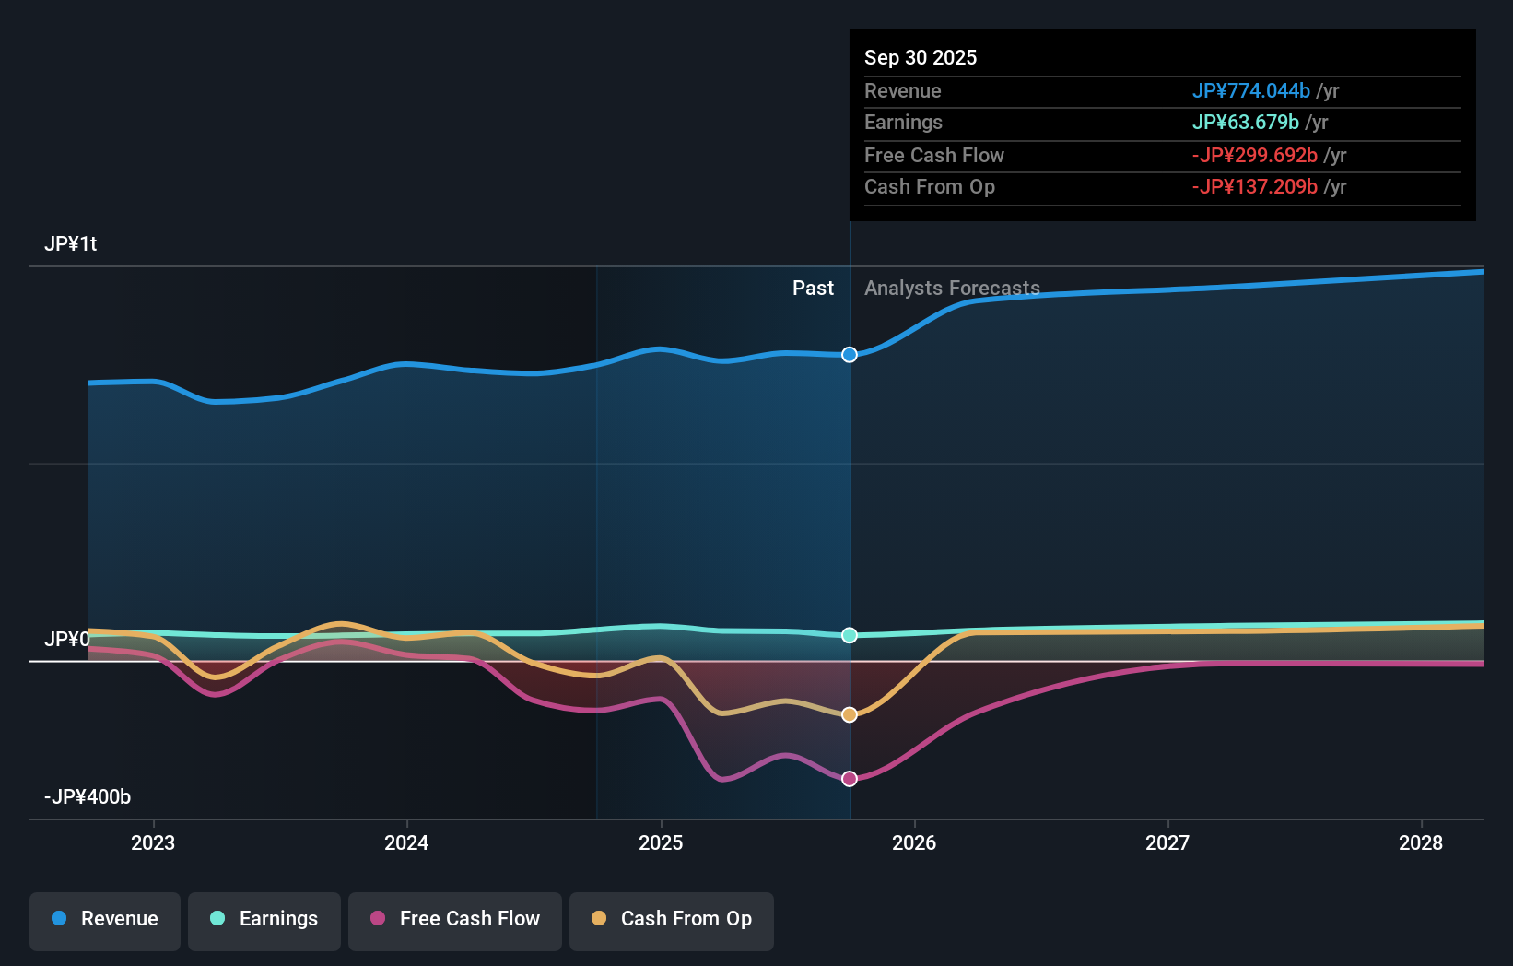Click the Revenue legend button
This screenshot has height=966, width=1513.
(105, 920)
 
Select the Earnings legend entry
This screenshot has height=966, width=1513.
(264, 920)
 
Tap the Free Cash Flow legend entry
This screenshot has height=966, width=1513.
(455, 920)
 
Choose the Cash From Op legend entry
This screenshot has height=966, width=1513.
(672, 920)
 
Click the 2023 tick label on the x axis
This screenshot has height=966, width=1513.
(153, 843)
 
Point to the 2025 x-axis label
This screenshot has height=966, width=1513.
(661, 843)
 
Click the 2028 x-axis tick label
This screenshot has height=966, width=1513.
(1420, 843)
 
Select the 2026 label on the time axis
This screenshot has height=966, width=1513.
(914, 843)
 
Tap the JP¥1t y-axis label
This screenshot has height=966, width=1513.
(71, 244)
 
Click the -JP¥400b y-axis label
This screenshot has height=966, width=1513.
(88, 797)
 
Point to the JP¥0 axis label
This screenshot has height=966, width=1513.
(66, 640)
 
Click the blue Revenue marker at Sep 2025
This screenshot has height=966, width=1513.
(850, 355)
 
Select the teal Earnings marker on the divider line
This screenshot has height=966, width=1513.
(850, 635)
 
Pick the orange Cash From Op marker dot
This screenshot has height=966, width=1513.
(850, 714)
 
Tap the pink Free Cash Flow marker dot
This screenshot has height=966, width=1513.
(850, 779)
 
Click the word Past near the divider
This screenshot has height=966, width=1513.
(813, 289)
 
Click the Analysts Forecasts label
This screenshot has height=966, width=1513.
(952, 289)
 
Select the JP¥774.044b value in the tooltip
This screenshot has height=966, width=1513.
(1250, 91)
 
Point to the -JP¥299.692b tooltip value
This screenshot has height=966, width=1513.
(1254, 156)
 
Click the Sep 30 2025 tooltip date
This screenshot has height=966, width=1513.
(921, 58)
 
